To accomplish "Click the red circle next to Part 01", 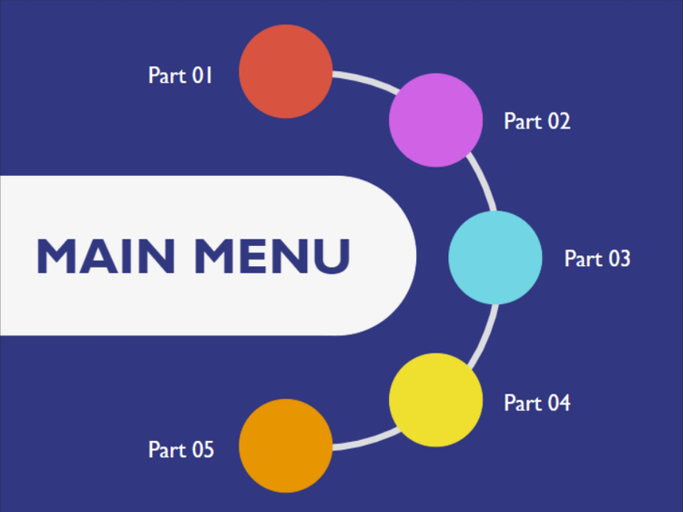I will coord(285,71).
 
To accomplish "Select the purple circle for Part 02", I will coord(435,119).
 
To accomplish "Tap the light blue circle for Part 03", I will coord(495,257).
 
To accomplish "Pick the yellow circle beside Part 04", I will coord(435,400).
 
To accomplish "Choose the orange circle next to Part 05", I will coord(285,445).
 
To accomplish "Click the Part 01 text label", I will coord(180,75).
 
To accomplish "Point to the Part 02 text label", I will coord(536,121).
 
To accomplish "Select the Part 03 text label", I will coord(596,259).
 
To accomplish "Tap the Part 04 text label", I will coord(536,403).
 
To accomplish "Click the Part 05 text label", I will coord(180,449).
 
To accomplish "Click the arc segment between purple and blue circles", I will coord(480,183).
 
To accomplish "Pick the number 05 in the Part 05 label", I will coord(201,449).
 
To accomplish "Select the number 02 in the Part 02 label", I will coord(557,121).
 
